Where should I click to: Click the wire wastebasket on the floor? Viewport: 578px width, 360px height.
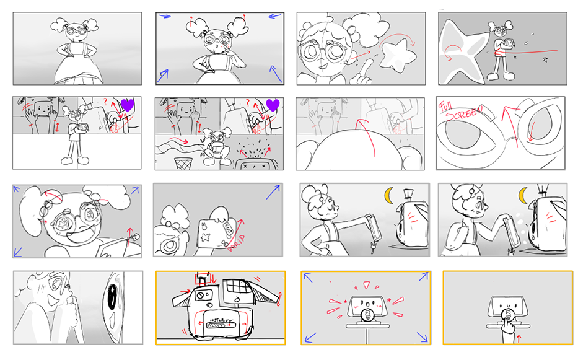181,163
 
